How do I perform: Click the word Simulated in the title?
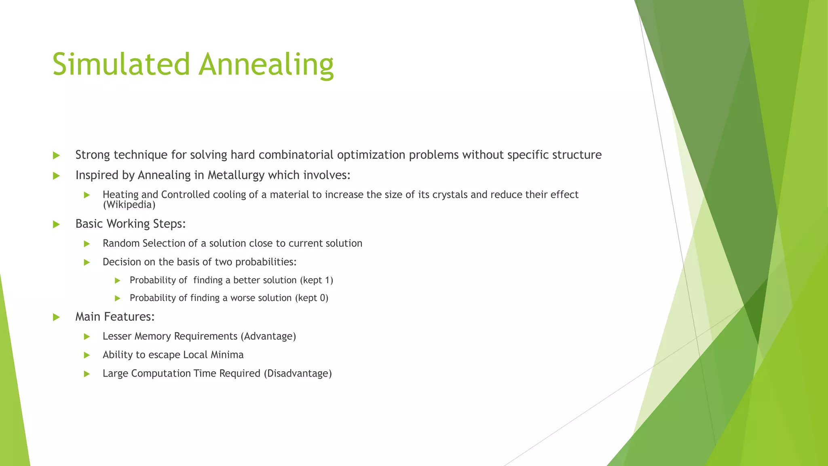[121, 64]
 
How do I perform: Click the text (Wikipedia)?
[129, 205]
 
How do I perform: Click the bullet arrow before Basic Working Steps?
[56, 224]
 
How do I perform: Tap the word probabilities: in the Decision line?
[266, 262]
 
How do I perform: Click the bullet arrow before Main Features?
[56, 317]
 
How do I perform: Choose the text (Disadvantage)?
[298, 374]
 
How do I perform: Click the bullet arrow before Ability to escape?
[87, 355]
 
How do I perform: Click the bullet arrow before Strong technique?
[56, 155]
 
